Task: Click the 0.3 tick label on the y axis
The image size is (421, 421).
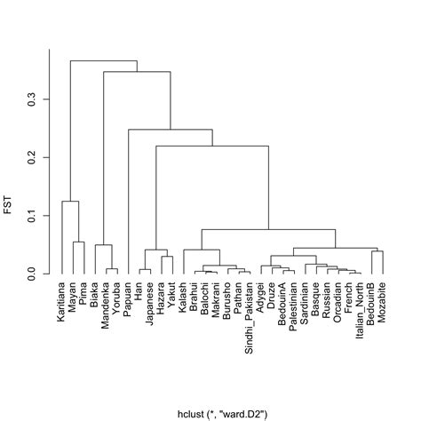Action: (31, 99)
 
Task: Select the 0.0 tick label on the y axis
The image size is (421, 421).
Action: (31, 275)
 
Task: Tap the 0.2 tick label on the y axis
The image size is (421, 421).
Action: (31, 157)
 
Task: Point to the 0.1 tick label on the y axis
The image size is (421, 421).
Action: (31, 217)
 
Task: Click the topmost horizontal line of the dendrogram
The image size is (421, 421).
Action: (103, 60)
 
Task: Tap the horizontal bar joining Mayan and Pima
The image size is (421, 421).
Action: (78, 242)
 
